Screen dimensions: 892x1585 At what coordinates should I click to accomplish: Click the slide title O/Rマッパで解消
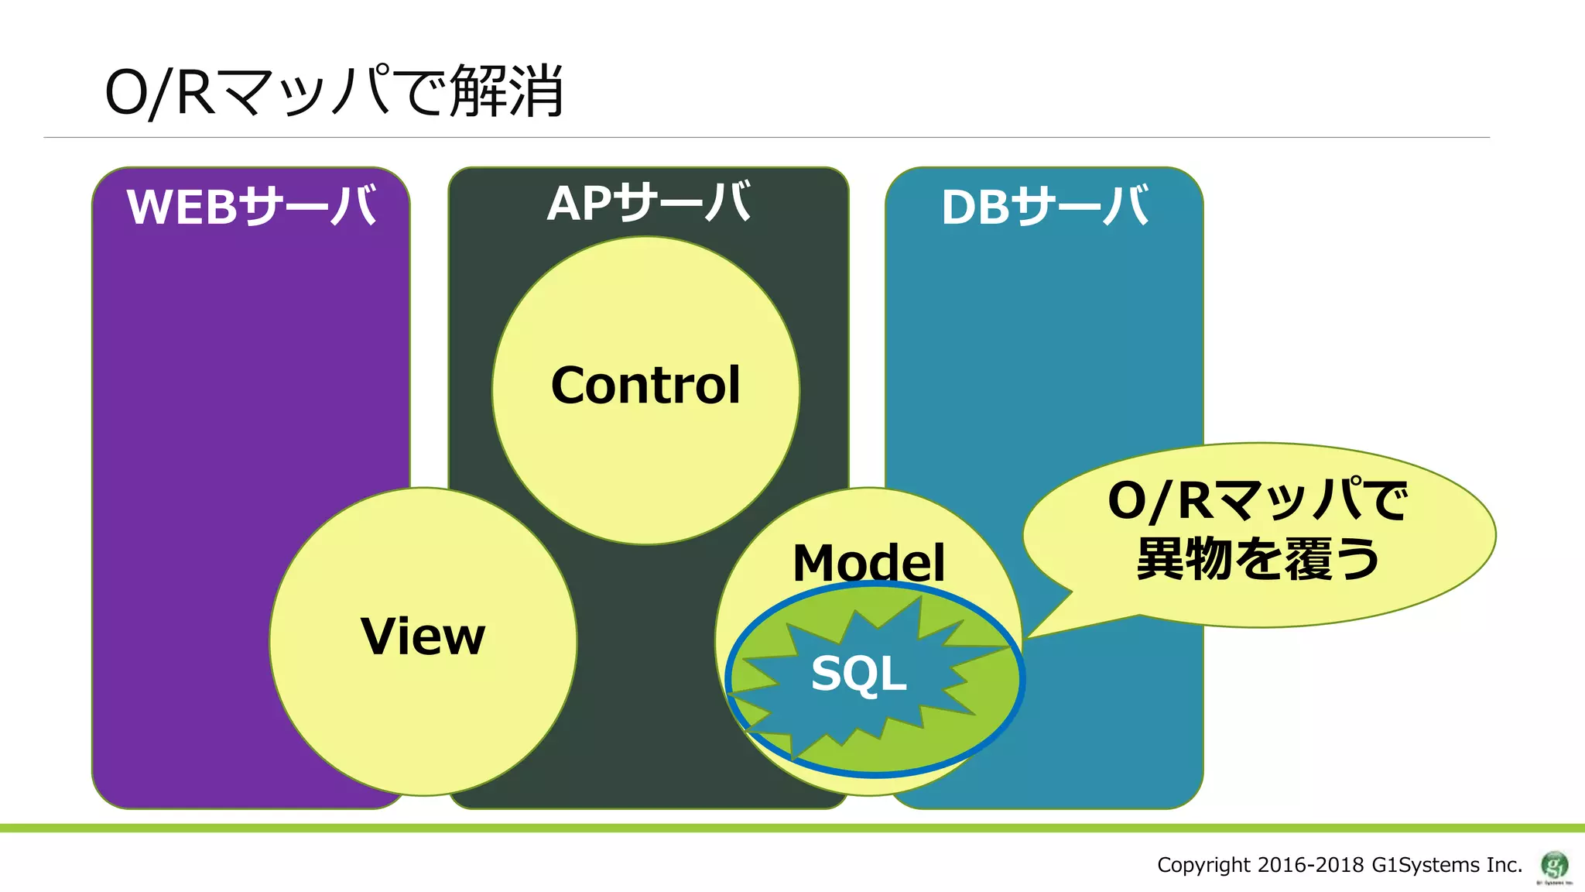pos(334,91)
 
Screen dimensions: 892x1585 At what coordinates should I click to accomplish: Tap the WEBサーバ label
pos(252,207)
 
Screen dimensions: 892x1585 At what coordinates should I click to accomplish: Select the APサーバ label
pos(649,203)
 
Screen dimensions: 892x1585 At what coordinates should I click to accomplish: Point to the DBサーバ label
pos(1045,208)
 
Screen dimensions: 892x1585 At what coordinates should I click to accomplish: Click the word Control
pos(645,386)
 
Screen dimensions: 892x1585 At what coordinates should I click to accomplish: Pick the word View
pos(423,636)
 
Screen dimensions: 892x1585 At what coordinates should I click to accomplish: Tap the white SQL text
pos(858,673)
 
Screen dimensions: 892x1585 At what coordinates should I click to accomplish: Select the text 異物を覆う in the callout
pos(1258,559)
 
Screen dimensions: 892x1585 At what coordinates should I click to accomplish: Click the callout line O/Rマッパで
pos(1258,500)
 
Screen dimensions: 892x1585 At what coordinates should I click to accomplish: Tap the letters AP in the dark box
pos(580,204)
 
